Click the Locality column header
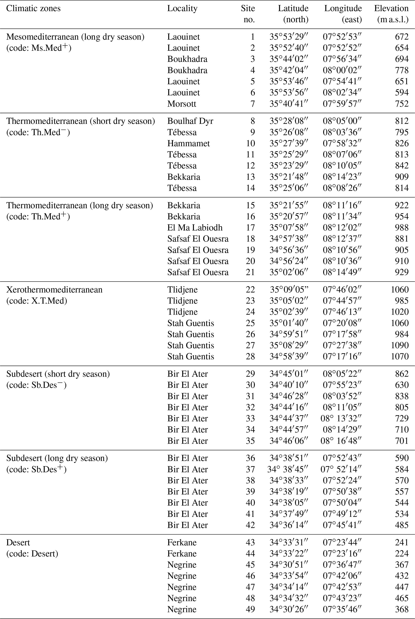tap(182, 8)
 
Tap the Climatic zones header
tap(33, 8)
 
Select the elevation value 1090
tap(400, 345)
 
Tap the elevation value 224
tap(402, 553)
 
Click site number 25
tap(250, 323)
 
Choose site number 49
tap(250, 609)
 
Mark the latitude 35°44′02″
tap(289, 59)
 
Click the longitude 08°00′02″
tap(342, 70)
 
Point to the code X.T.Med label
tap(37, 301)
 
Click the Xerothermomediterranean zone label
tap(54, 290)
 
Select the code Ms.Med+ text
tap(39, 48)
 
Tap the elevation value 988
tap(402, 228)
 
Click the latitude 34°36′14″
tap(289, 525)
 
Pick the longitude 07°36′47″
tap(342, 564)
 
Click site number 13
tap(250, 177)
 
